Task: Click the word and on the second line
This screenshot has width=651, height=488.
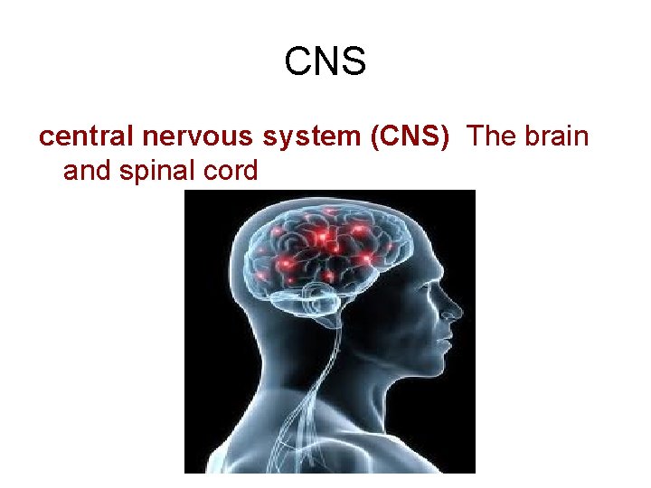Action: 86,170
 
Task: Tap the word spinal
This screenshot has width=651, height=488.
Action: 153,170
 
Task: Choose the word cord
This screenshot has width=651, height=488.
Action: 230,170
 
